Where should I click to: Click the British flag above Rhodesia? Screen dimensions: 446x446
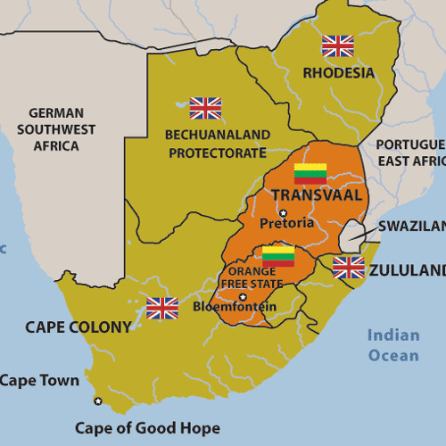(338, 45)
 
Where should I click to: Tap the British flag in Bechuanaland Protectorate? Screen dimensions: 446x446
(205, 108)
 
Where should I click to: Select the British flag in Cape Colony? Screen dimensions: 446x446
(162, 308)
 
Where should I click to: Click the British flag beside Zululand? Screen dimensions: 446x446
(348, 267)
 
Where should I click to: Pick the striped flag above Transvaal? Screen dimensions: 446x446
(310, 173)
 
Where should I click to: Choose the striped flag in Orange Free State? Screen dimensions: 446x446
(278, 257)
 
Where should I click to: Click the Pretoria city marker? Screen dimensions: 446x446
(283, 212)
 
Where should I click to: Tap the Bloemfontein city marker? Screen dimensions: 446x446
(243, 296)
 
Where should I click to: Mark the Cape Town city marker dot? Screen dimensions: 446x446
(98, 401)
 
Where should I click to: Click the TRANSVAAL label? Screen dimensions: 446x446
(317, 195)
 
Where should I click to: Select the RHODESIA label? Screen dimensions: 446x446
(338, 72)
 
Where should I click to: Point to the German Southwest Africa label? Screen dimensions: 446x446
(56, 129)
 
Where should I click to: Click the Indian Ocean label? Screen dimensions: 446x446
(393, 345)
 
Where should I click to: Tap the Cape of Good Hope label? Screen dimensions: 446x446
(147, 427)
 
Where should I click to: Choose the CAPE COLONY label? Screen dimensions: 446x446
(78, 327)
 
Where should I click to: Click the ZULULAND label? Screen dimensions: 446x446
(407, 270)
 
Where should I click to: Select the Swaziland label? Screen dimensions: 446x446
(410, 227)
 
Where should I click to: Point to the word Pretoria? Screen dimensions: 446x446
(286, 223)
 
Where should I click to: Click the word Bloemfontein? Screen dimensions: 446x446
(235, 307)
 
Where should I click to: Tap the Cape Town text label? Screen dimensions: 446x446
(39, 381)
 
